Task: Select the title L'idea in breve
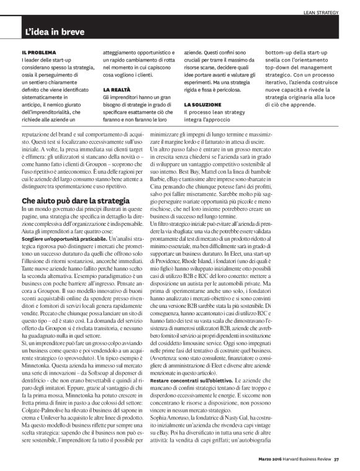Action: [x=55, y=31]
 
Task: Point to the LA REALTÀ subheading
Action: [x=116, y=90]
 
